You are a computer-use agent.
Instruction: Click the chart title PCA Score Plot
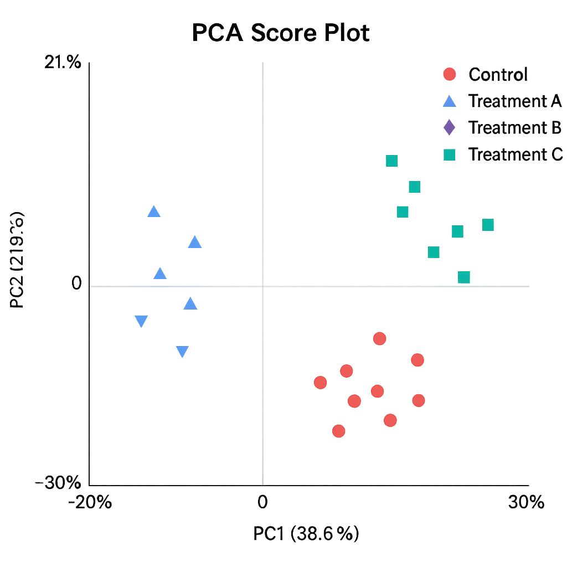pyautogui.click(x=281, y=33)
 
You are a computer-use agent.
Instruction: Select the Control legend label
pyautogui.click(x=498, y=74)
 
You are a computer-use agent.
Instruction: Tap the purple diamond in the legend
pyautogui.click(x=450, y=127)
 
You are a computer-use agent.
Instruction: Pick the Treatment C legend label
pyautogui.click(x=515, y=154)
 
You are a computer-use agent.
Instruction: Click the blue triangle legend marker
pyautogui.click(x=450, y=101)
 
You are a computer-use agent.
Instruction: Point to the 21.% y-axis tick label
pyautogui.click(x=63, y=63)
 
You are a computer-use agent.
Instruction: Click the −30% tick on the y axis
pyautogui.click(x=58, y=483)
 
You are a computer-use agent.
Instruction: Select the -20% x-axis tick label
pyautogui.click(x=90, y=502)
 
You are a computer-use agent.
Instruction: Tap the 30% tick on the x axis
pyautogui.click(x=526, y=502)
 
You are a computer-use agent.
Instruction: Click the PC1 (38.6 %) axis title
pyautogui.click(x=306, y=534)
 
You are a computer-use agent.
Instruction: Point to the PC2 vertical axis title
pyautogui.click(x=17, y=260)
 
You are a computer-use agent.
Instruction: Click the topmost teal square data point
pyautogui.click(x=391, y=161)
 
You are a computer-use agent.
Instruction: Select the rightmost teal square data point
pyautogui.click(x=488, y=225)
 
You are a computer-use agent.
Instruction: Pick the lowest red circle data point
pyautogui.click(x=339, y=431)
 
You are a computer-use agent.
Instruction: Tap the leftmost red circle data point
pyautogui.click(x=320, y=383)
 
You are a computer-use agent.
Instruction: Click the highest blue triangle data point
pyautogui.click(x=154, y=212)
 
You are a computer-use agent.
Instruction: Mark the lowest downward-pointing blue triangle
pyautogui.click(x=182, y=352)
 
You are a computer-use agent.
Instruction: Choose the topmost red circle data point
pyautogui.click(x=379, y=339)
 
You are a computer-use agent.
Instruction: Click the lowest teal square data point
pyautogui.click(x=464, y=277)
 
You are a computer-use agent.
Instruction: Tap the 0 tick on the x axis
pyautogui.click(x=262, y=502)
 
